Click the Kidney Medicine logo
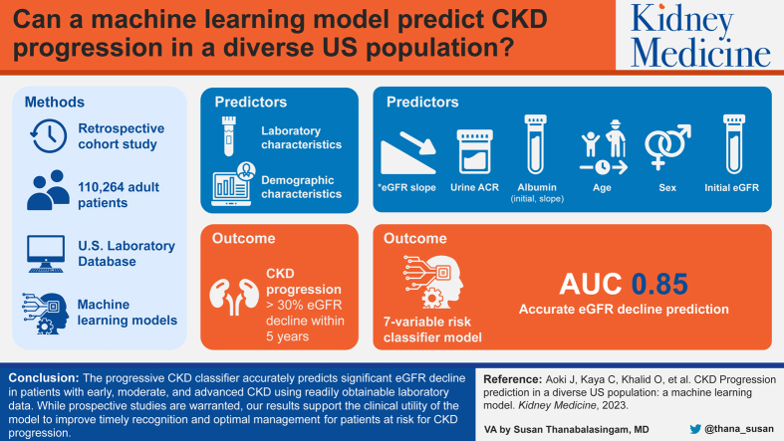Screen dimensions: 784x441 pyautogui.click(x=700, y=35)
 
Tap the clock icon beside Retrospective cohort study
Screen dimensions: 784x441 pyautogui.click(x=49, y=135)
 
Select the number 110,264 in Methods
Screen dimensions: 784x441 pyautogui.click(x=102, y=187)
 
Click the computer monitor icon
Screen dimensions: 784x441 pyautogui.click(x=46, y=254)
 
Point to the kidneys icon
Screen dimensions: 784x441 pyautogui.click(x=234, y=297)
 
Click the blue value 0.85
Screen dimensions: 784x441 pyautogui.click(x=659, y=284)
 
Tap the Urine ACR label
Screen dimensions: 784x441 pyautogui.click(x=474, y=188)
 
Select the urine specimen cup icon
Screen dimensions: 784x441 pyautogui.click(x=474, y=151)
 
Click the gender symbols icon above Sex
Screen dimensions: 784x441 pyautogui.click(x=667, y=146)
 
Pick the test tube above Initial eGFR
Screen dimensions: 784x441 pyautogui.click(x=733, y=143)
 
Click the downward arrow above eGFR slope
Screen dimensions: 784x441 pyautogui.click(x=417, y=143)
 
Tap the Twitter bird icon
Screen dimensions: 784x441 pyautogui.click(x=695, y=429)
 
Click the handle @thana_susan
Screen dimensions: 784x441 pyautogui.click(x=739, y=429)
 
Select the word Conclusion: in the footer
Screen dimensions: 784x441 pyautogui.click(x=44, y=378)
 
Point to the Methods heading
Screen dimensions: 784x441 pyautogui.click(x=55, y=102)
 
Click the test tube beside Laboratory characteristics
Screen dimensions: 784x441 pyautogui.click(x=229, y=135)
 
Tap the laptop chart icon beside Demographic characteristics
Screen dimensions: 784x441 pyautogui.click(x=233, y=184)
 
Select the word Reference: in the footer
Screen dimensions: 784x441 pyautogui.click(x=512, y=379)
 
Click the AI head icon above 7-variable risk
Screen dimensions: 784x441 pyautogui.click(x=433, y=281)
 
